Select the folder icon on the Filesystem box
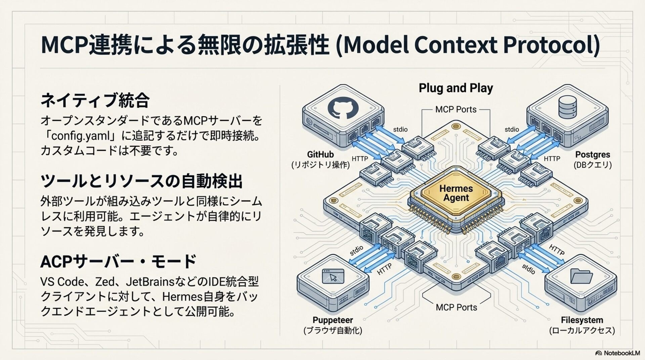pyautogui.click(x=581, y=276)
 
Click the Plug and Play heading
pyautogui.click(x=456, y=88)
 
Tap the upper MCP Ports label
pyautogui.click(x=456, y=109)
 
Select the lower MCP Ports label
pyautogui.click(x=456, y=307)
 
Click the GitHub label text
pyautogui.click(x=320, y=154)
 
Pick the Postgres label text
pyautogui.click(x=593, y=154)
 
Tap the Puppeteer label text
pyautogui.click(x=333, y=320)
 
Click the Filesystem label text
pyautogui.click(x=582, y=320)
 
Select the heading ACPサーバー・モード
pyautogui.click(x=118, y=262)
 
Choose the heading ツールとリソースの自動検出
pyautogui.click(x=141, y=181)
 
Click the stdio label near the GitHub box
pyautogui.click(x=400, y=129)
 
